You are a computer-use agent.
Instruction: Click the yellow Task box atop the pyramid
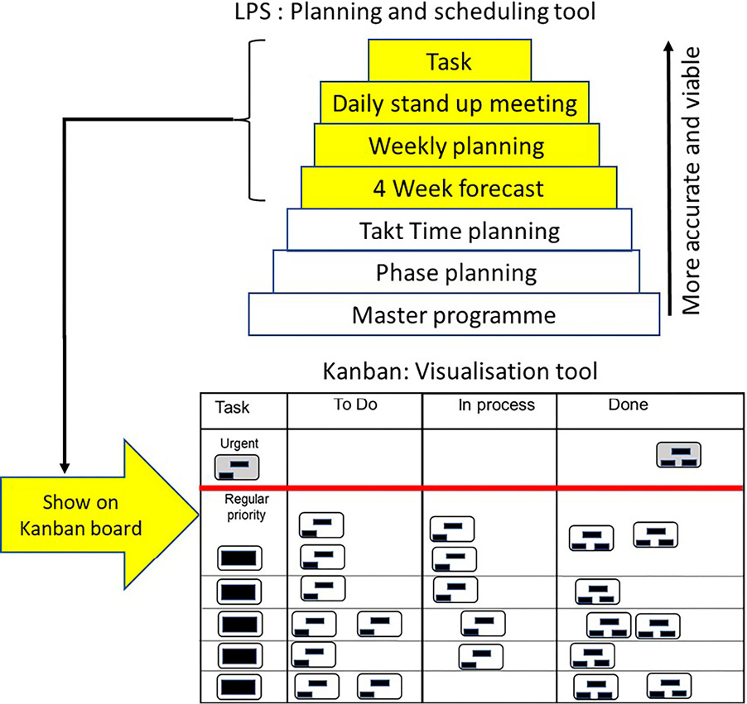449,60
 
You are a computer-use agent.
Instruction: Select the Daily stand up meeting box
455,103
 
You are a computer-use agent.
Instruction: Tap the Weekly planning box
456,146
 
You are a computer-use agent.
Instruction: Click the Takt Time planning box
459,231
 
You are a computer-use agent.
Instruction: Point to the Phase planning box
455,273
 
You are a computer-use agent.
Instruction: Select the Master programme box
453,315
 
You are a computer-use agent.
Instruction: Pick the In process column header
496,405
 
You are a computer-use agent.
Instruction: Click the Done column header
627,405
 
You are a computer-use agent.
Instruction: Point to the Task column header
232,407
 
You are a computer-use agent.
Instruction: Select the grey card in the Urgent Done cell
679,454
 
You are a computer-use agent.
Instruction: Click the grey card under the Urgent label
238,467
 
